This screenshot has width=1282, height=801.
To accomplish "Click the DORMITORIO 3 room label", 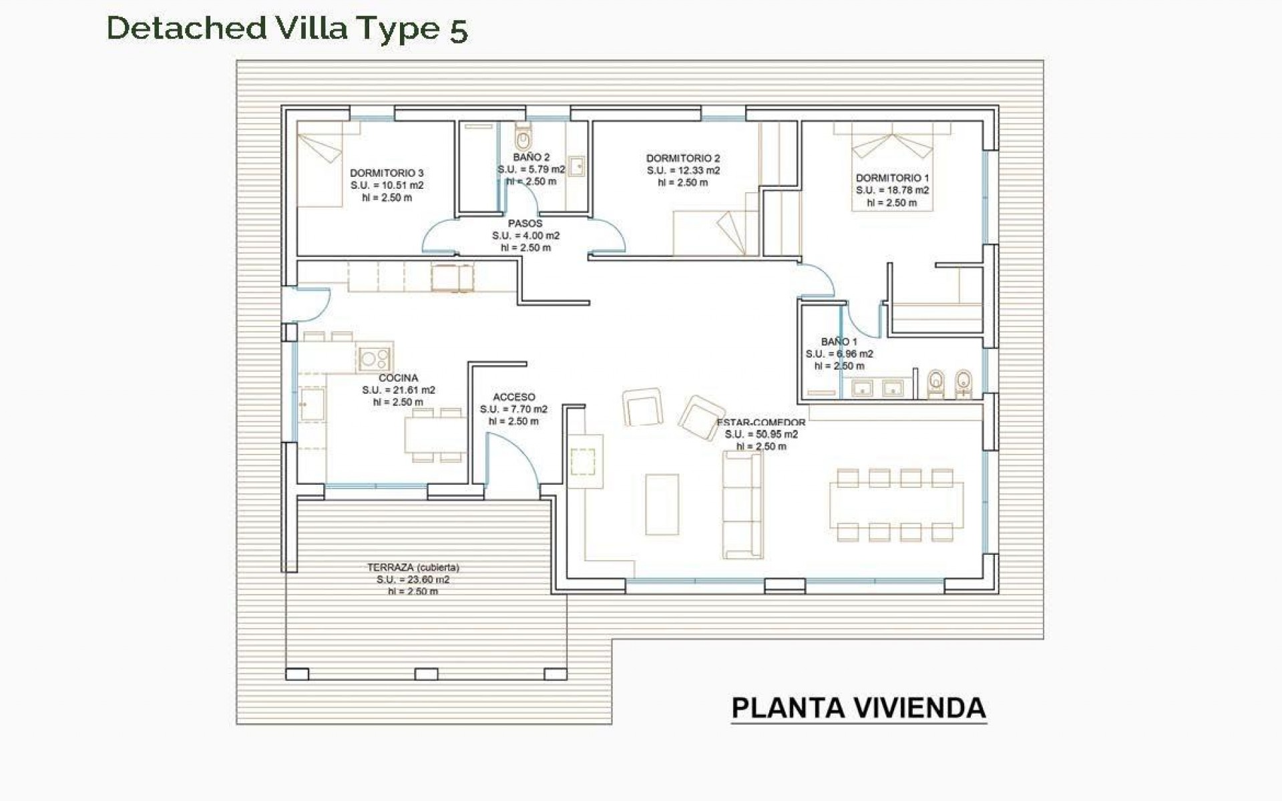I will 387,173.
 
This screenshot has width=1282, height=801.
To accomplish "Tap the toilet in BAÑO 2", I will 523,138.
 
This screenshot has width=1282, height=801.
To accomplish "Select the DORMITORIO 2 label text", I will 683,158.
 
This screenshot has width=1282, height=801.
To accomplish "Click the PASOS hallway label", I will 525,224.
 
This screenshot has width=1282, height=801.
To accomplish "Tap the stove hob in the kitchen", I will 374,358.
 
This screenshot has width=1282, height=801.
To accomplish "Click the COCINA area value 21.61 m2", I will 399,390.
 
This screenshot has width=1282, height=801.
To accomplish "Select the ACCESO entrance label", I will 513,397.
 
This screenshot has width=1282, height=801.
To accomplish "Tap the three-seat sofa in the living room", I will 742,505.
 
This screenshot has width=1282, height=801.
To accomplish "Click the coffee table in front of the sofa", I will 662,505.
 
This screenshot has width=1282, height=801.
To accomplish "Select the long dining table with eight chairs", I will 896,505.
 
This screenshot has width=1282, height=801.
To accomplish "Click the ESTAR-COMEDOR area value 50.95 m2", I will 761,435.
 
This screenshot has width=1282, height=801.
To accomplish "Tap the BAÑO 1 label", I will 839,342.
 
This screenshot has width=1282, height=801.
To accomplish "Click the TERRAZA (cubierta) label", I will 413,567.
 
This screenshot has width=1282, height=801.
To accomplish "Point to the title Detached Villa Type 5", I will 287,29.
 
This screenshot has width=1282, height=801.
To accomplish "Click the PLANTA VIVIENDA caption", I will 859,708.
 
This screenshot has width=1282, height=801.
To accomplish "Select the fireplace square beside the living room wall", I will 583,461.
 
